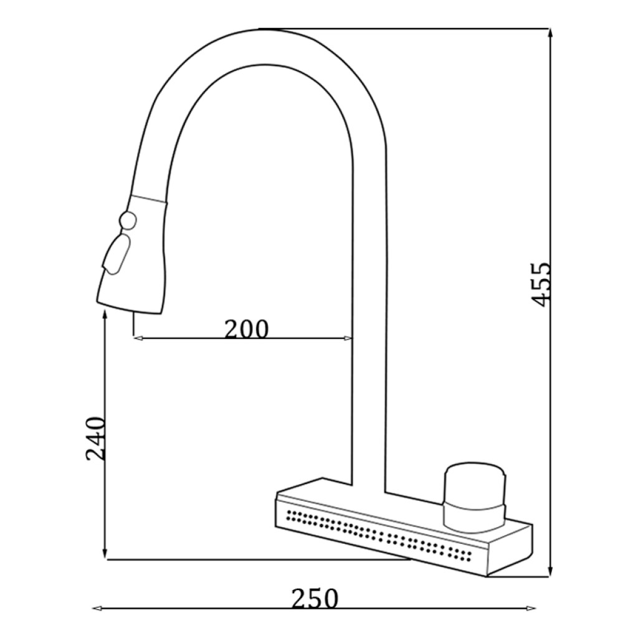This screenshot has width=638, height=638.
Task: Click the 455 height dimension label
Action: [541, 284]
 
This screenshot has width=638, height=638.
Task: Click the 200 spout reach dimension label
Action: [247, 329]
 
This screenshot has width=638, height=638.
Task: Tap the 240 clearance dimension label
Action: [95, 438]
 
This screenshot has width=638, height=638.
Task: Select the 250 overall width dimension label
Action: [315, 598]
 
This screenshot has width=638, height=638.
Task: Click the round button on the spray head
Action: [128, 221]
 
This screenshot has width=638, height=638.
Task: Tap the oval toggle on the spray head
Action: [117, 255]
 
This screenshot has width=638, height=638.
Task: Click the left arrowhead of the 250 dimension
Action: [97, 609]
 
